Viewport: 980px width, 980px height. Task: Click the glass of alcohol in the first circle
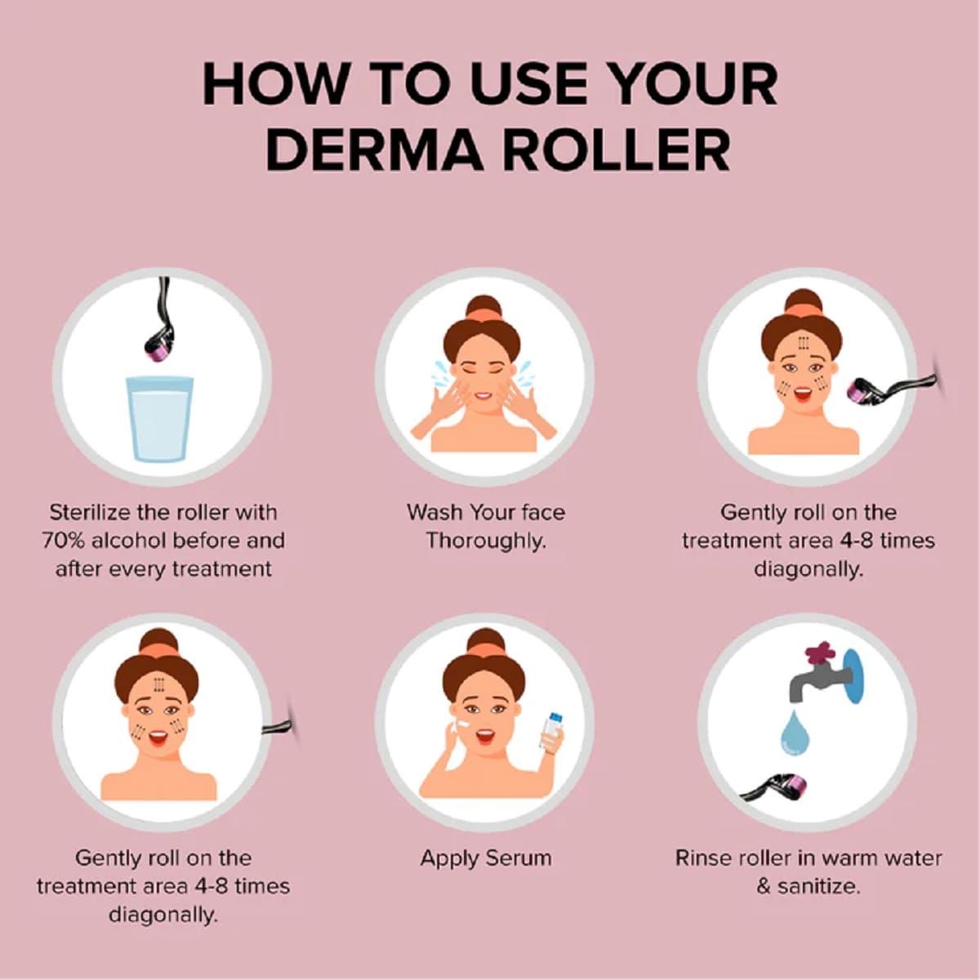(x=160, y=418)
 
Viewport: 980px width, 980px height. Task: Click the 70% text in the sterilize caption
(x=65, y=540)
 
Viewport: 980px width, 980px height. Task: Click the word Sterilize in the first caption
(x=90, y=512)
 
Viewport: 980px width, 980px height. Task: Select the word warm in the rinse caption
(x=852, y=858)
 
